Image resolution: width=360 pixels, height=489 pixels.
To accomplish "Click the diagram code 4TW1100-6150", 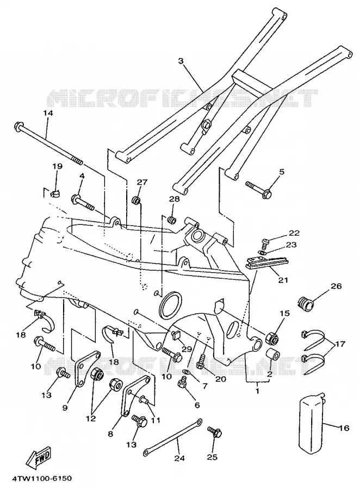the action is point(42,478).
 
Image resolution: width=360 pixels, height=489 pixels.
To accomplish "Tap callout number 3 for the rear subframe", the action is point(181,61).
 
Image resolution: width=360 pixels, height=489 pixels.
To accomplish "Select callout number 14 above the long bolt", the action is point(48,113).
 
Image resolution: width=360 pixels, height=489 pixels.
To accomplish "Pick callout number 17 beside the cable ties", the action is point(340,344).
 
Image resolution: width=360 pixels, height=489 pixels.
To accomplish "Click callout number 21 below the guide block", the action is point(283,280).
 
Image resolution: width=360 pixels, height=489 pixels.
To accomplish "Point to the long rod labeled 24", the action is point(173,436).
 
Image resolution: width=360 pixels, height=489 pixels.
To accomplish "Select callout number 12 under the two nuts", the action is point(91,418).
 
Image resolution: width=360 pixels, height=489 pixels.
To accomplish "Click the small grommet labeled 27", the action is point(136,200).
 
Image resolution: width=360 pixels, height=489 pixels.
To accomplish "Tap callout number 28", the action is point(174,199).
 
